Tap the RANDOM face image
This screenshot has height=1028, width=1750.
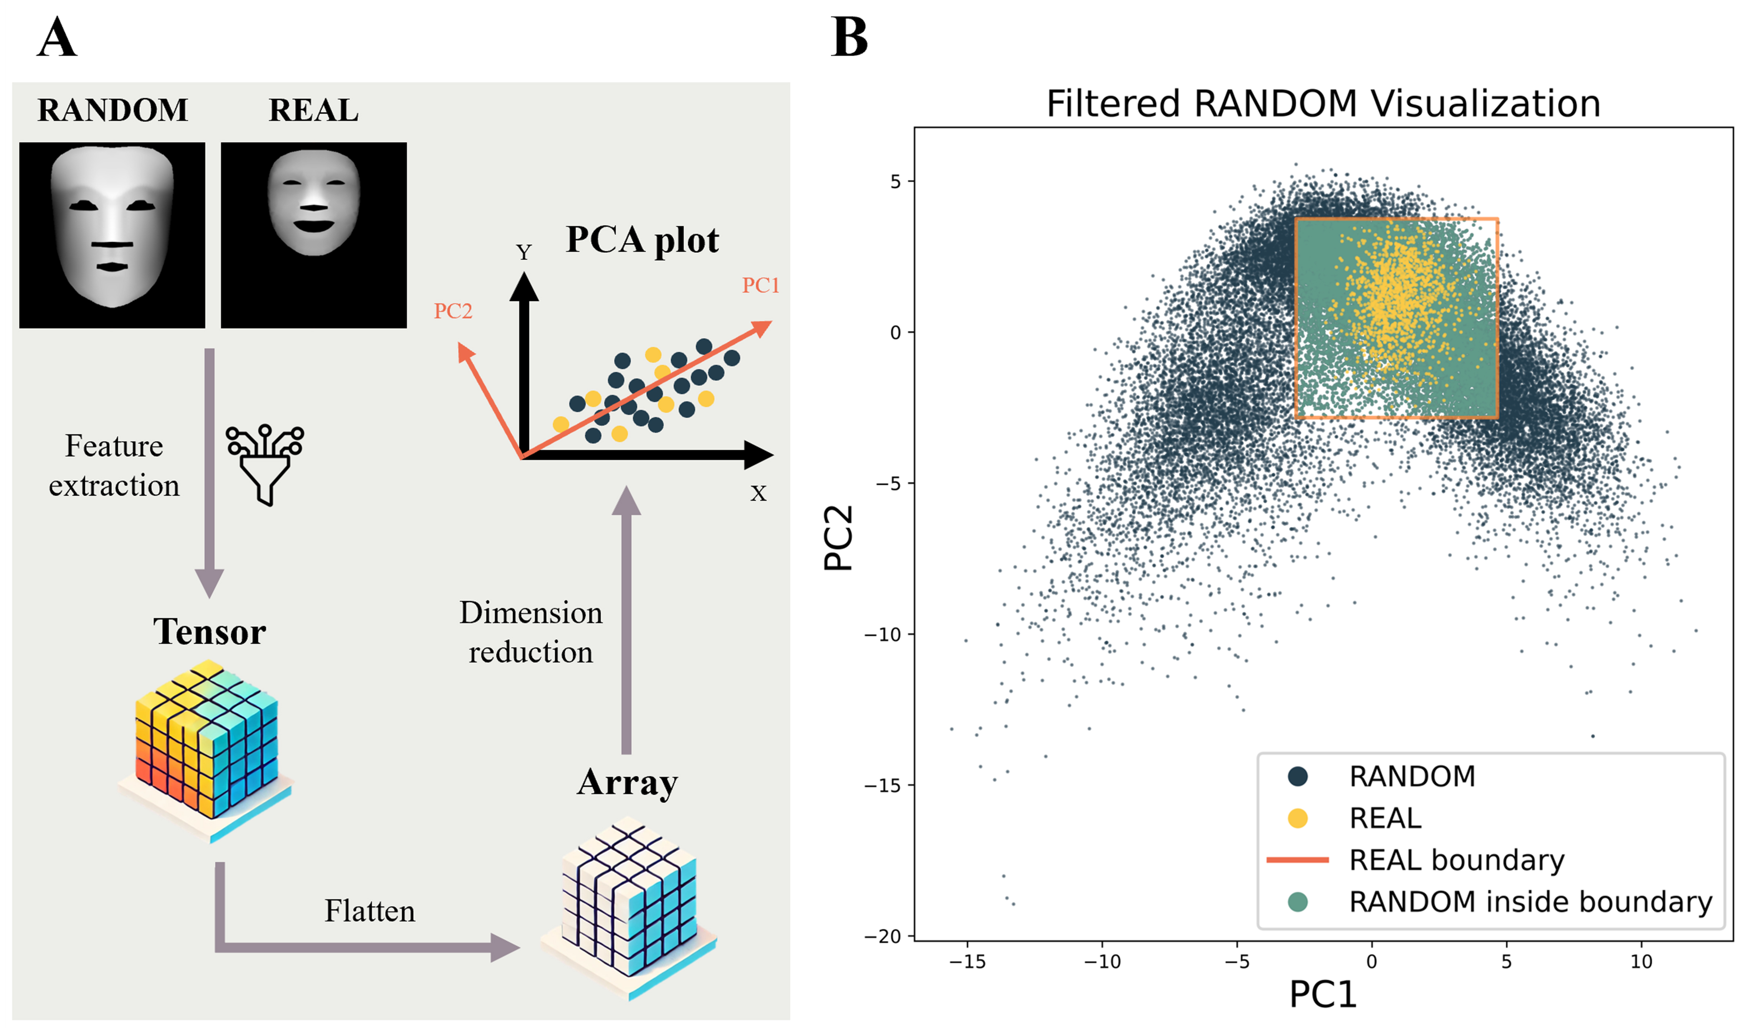(112, 235)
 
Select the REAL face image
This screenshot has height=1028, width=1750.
(313, 235)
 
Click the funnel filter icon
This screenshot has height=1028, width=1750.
(265, 464)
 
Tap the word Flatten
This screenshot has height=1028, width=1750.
(369, 911)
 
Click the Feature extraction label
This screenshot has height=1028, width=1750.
(114, 465)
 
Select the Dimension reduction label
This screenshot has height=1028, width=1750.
(530, 632)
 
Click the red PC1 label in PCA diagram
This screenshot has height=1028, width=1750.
(761, 285)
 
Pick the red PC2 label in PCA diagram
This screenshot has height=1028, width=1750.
(453, 311)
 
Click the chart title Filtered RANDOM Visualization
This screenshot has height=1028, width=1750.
(1323, 104)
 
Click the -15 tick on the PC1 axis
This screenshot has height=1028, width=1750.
(967, 962)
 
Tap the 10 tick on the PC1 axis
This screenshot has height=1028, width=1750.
(1641, 962)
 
